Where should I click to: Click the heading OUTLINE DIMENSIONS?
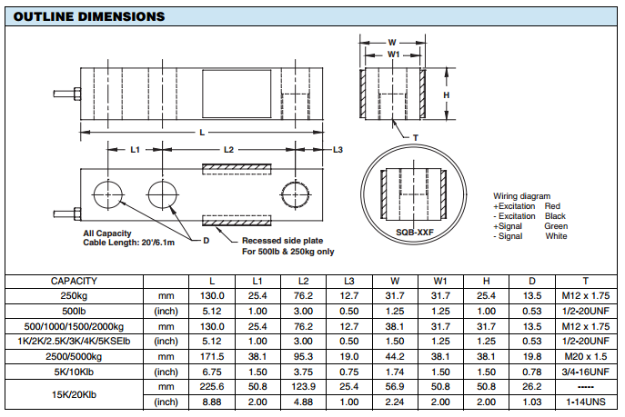click(89, 16)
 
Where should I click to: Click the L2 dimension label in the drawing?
click(228, 148)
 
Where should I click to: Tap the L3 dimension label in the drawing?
click(337, 148)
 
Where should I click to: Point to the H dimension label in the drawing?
click(446, 94)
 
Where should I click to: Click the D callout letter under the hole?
click(206, 240)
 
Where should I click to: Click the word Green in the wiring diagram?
click(555, 226)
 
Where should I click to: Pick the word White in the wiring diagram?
click(555, 236)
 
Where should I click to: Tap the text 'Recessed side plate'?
click(280, 241)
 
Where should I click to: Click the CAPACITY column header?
click(74, 282)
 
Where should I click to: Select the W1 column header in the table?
click(439, 282)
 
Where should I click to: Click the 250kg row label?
click(74, 296)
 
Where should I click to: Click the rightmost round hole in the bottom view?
click(296, 195)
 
